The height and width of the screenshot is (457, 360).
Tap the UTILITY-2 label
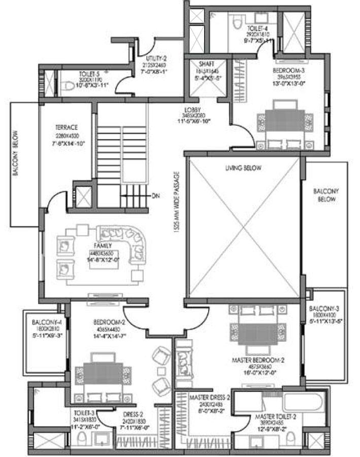(x=155, y=60)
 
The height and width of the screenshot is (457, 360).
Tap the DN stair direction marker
(x=155, y=195)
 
